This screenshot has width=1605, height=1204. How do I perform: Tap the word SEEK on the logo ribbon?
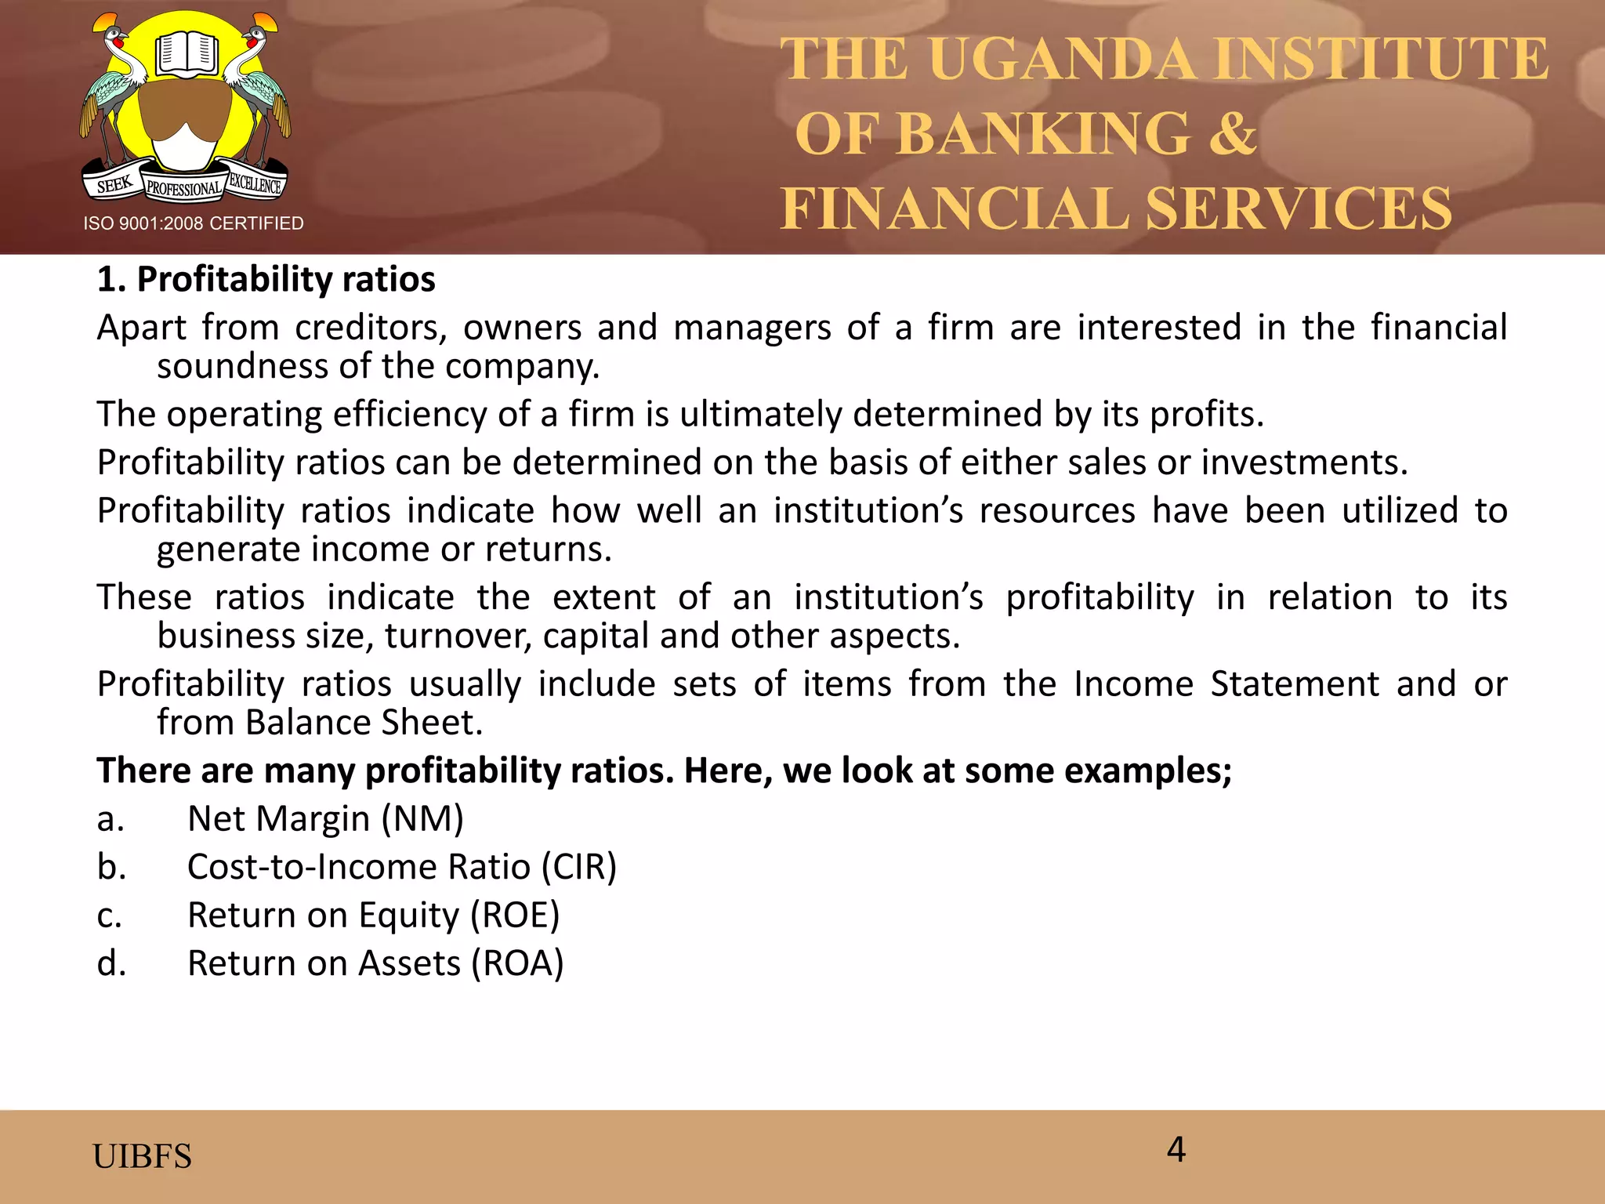pyautogui.click(x=114, y=185)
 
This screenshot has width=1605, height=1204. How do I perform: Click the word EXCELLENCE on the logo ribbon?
pyautogui.click(x=255, y=184)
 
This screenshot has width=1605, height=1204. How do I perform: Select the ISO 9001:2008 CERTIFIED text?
pyautogui.click(x=194, y=224)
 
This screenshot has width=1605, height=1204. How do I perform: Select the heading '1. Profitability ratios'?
pyautogui.click(x=266, y=280)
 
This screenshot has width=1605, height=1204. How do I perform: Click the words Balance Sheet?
pyautogui.click(x=364, y=723)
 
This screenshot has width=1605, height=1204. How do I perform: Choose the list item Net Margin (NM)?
pyautogui.click(x=325, y=819)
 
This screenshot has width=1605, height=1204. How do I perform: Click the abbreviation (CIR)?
pyautogui.click(x=578, y=867)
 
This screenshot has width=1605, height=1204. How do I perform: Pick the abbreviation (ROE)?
pyautogui.click(x=515, y=916)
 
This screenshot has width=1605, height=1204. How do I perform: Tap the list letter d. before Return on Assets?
pyautogui.click(x=111, y=963)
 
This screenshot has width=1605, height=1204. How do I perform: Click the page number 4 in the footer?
pyautogui.click(x=1176, y=1150)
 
